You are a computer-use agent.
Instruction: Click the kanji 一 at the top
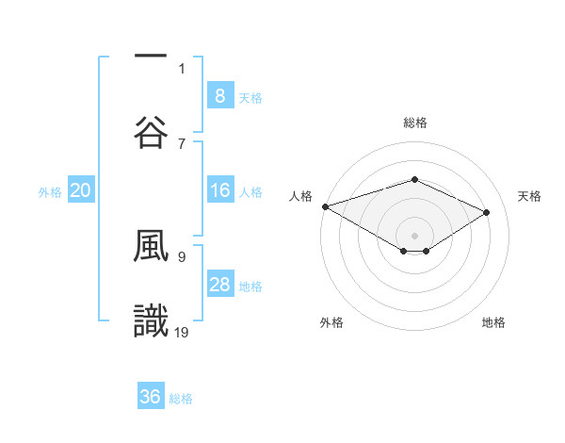tap(151, 56)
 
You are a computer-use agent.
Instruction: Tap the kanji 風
tap(151, 244)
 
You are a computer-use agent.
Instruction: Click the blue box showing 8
tap(219, 96)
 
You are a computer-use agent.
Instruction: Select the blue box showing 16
tap(219, 190)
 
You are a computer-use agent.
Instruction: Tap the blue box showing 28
tap(219, 285)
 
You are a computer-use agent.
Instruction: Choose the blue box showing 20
tap(80, 190)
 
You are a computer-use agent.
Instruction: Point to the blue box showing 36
tap(151, 397)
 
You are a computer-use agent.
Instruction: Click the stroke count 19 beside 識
tap(183, 331)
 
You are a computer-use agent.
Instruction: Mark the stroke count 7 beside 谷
tap(182, 143)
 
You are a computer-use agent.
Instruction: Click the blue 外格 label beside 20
tap(50, 191)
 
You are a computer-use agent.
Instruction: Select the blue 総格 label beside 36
tap(182, 398)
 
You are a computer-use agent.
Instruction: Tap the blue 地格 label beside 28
tap(250, 286)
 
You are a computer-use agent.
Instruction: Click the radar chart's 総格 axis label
tap(414, 123)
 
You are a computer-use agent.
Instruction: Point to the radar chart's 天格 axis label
tap(530, 196)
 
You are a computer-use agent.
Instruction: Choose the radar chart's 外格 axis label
tap(331, 322)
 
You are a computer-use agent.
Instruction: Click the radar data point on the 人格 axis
tap(325, 206)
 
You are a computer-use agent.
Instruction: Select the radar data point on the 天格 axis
tap(487, 212)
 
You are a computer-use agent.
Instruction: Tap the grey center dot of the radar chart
tap(414, 234)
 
